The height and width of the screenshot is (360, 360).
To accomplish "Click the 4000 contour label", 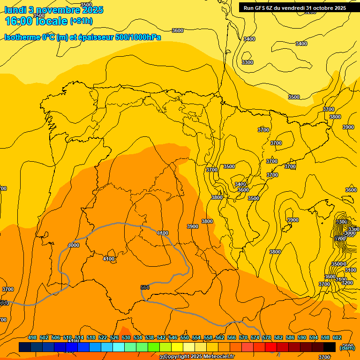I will click(74, 245).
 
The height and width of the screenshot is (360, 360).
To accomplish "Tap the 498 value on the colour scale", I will click(32, 337).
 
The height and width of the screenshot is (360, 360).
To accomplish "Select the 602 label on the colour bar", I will click(337, 337).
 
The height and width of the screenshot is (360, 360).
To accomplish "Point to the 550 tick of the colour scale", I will click(185, 337).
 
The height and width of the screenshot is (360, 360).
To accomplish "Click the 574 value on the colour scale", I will click(255, 337).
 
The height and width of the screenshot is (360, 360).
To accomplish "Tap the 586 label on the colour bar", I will click(290, 337).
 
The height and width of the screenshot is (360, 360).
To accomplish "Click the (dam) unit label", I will click(347, 347).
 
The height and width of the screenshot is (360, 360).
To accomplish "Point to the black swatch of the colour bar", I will click(330, 347).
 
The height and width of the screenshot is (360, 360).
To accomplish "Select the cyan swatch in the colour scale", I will click(119, 347).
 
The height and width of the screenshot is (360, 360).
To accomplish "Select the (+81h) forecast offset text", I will click(81, 21).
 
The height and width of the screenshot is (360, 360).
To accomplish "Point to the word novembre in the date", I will click(57, 10).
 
